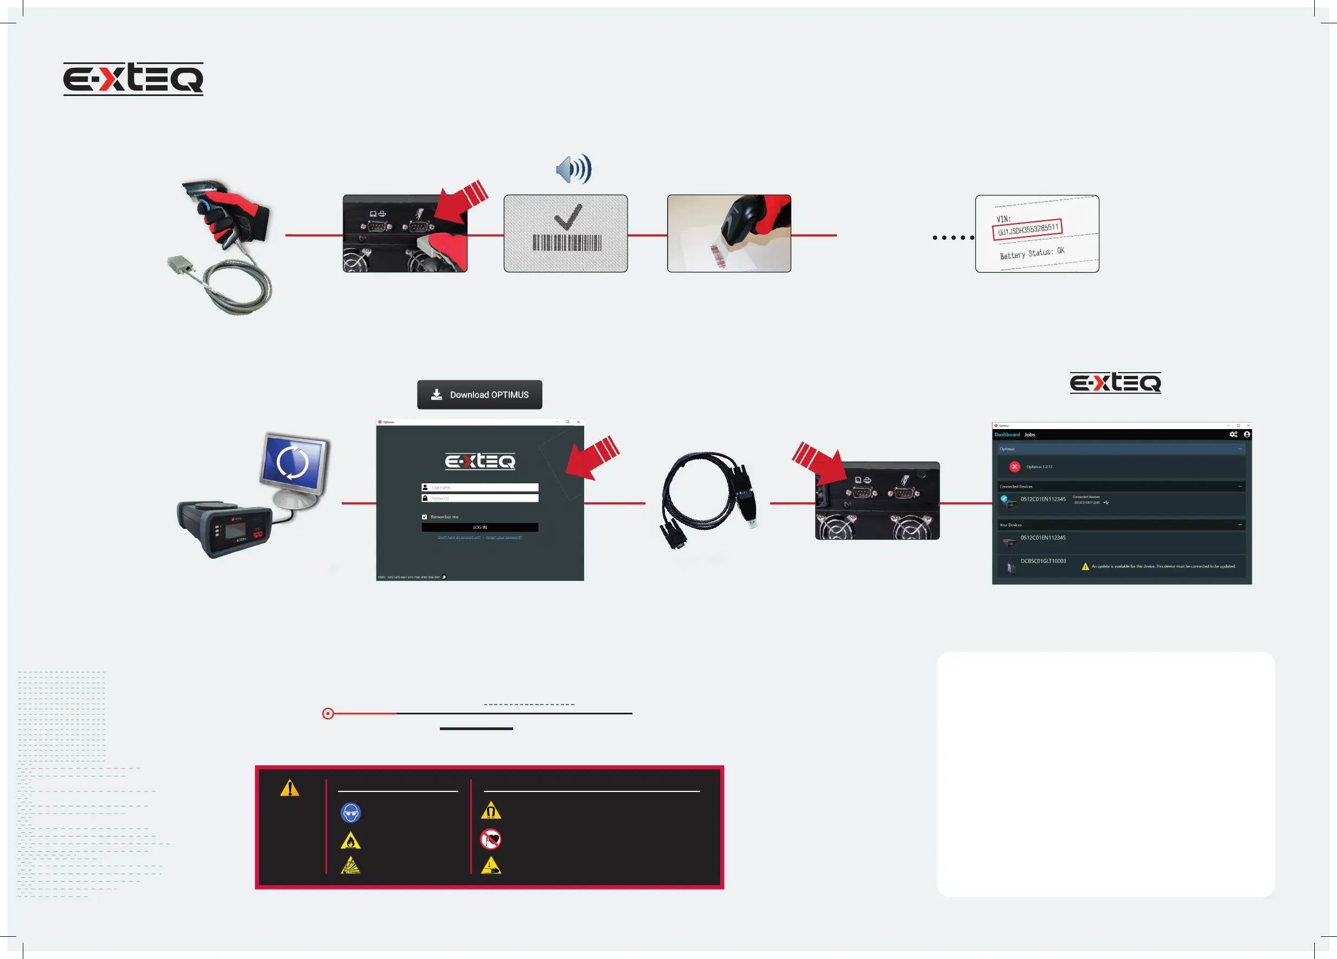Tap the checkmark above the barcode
point(568,216)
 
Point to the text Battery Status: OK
point(1032,253)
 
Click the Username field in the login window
point(480,488)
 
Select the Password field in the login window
point(480,498)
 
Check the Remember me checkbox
point(425,517)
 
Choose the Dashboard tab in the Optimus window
point(1007,435)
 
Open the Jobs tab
point(1029,435)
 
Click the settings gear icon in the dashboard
point(1233,434)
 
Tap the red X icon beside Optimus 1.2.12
point(1014,467)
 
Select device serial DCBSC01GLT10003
point(1043,561)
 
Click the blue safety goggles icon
point(351,813)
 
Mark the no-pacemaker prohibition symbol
point(490,839)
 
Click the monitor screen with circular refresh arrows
point(293,463)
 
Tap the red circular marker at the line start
point(328,714)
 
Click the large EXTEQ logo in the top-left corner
point(133,79)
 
